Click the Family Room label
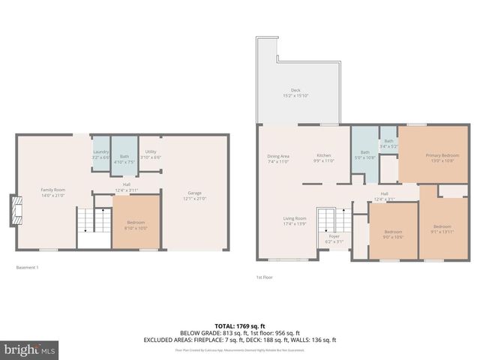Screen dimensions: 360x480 [x=52, y=193]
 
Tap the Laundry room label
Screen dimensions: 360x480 [x=100, y=155]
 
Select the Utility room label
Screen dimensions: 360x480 [x=151, y=154]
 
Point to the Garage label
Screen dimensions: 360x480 [x=195, y=196]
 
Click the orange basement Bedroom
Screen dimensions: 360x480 [x=136, y=221]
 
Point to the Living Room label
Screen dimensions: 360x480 [x=294, y=220]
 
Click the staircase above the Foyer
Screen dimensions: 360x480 [x=328, y=220]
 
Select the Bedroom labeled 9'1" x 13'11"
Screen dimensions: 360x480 [x=442, y=229]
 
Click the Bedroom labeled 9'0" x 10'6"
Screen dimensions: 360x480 [x=393, y=234]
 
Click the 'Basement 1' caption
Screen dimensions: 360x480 [x=27, y=268]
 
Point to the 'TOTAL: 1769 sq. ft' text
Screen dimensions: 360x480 [x=239, y=325]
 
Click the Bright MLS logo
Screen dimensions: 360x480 [x=31, y=349]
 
